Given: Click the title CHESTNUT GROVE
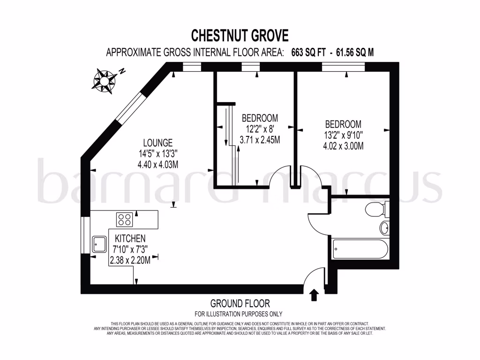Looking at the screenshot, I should (x=240, y=35).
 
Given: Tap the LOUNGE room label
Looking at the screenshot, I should (x=158, y=142).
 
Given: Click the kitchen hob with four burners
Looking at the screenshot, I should (x=124, y=219).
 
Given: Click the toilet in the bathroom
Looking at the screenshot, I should (x=377, y=209).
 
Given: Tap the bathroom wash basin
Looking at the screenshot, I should (x=384, y=228).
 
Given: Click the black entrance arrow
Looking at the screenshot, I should (x=314, y=295).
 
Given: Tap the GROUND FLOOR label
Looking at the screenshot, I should (x=240, y=304).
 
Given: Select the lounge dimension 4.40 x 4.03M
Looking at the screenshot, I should (x=158, y=164).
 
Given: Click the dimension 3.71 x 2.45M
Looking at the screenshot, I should (x=260, y=140).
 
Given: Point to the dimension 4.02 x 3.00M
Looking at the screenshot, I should (x=343, y=146).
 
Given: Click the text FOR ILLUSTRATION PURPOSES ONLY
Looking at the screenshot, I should (x=239, y=314).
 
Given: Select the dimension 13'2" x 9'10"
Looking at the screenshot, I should (x=343, y=135).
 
